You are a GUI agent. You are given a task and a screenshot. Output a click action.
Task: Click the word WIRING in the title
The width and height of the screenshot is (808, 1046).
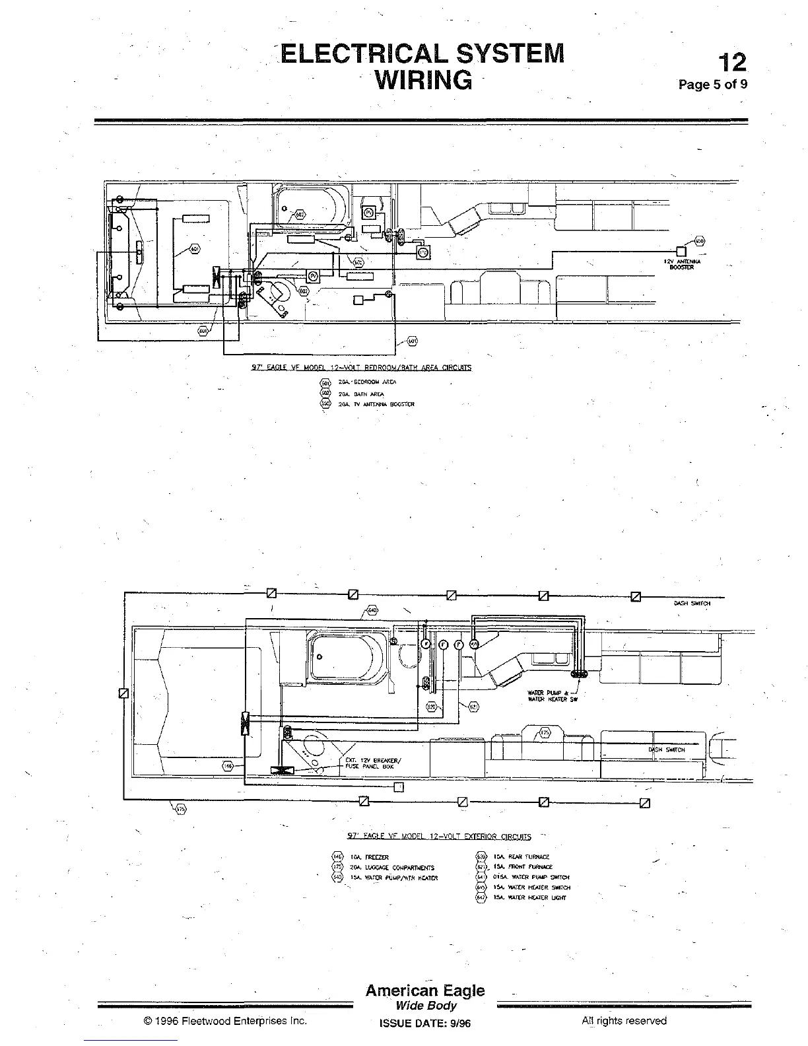(423, 80)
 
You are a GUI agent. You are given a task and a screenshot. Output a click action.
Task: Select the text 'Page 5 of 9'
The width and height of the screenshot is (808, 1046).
(713, 85)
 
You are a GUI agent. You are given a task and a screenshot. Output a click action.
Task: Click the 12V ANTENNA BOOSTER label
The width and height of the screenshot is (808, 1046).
(682, 264)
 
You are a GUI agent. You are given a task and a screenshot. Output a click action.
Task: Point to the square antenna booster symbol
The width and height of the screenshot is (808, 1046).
(681, 250)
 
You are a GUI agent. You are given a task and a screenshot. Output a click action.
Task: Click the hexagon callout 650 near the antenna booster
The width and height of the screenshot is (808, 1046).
(700, 240)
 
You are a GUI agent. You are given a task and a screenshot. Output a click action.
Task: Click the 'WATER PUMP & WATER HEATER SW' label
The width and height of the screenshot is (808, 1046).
(552, 696)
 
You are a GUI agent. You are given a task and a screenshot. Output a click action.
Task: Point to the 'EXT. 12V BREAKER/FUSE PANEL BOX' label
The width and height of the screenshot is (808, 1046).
(369, 763)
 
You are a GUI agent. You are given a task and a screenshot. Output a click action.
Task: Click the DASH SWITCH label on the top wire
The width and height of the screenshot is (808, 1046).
(692, 603)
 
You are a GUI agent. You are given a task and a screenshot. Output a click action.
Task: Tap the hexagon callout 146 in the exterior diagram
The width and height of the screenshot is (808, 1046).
(227, 765)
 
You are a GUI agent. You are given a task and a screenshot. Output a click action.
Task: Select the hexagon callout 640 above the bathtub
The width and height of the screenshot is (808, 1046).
(372, 610)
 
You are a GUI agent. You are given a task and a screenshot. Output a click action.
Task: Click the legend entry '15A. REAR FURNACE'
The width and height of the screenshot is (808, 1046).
(521, 856)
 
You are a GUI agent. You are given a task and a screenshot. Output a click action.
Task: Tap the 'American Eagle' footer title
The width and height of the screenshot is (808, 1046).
(424, 991)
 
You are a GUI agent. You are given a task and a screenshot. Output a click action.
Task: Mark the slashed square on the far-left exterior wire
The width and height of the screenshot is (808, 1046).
(123, 693)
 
